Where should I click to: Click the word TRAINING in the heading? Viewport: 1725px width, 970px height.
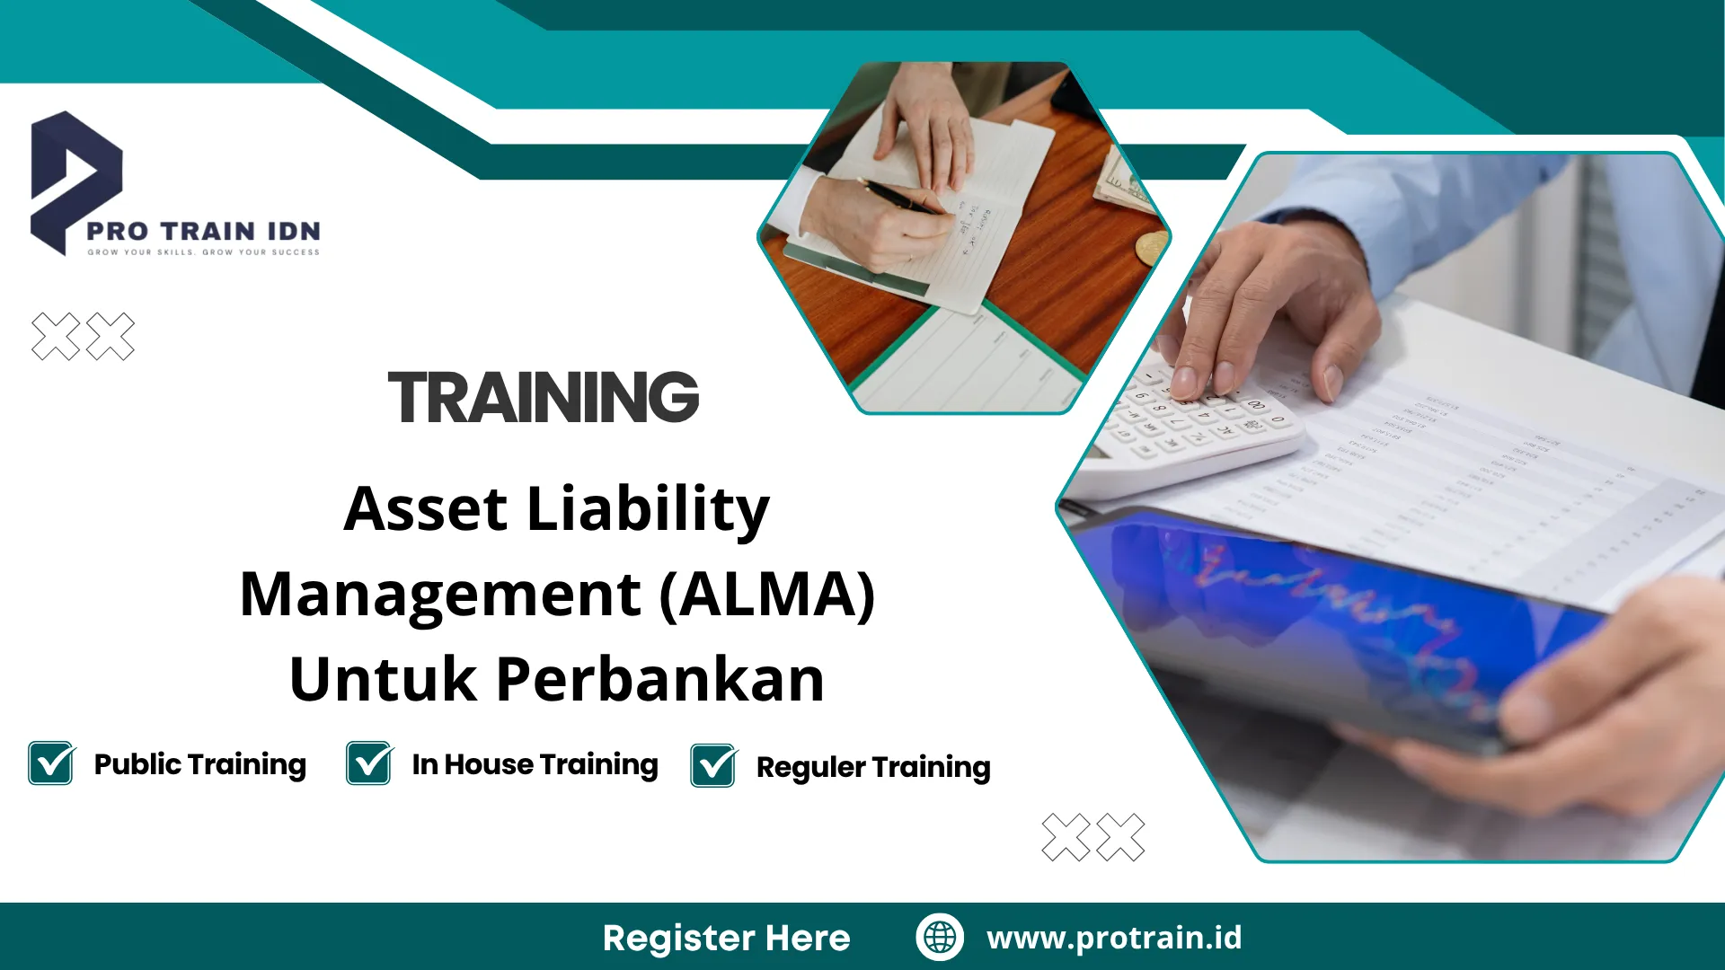(544, 397)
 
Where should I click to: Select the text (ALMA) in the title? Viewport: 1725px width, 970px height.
(767, 595)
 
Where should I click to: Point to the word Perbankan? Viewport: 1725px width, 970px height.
(660, 679)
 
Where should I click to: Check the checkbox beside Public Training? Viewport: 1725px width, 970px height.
(51, 763)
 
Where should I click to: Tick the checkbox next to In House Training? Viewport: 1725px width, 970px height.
(369, 763)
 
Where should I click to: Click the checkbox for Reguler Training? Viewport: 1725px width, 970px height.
(713, 766)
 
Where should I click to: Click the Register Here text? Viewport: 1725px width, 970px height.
(727, 938)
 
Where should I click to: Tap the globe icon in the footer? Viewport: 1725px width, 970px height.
(940, 937)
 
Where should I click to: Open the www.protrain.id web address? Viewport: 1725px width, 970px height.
(1114, 938)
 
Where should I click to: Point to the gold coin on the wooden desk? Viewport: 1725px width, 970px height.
(1151, 247)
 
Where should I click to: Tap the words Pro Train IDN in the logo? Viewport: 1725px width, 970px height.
(203, 231)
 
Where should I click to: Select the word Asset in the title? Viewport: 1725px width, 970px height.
(426, 509)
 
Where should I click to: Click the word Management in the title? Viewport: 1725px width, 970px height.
(441, 596)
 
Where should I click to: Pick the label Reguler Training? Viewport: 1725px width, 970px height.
(873, 768)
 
